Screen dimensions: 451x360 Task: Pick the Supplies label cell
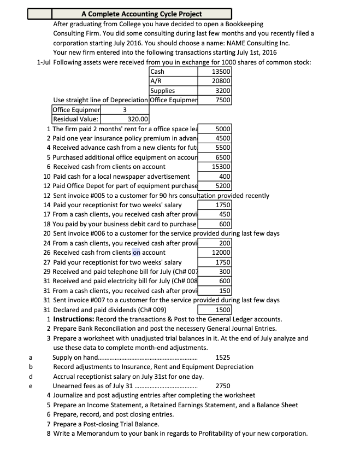click(x=162, y=91)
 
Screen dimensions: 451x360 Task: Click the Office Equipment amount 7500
click(x=222, y=100)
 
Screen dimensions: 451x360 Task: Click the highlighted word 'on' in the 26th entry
click(x=137, y=253)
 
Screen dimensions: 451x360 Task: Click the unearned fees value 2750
click(x=222, y=386)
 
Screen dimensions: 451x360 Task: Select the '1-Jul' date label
click(x=44, y=62)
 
